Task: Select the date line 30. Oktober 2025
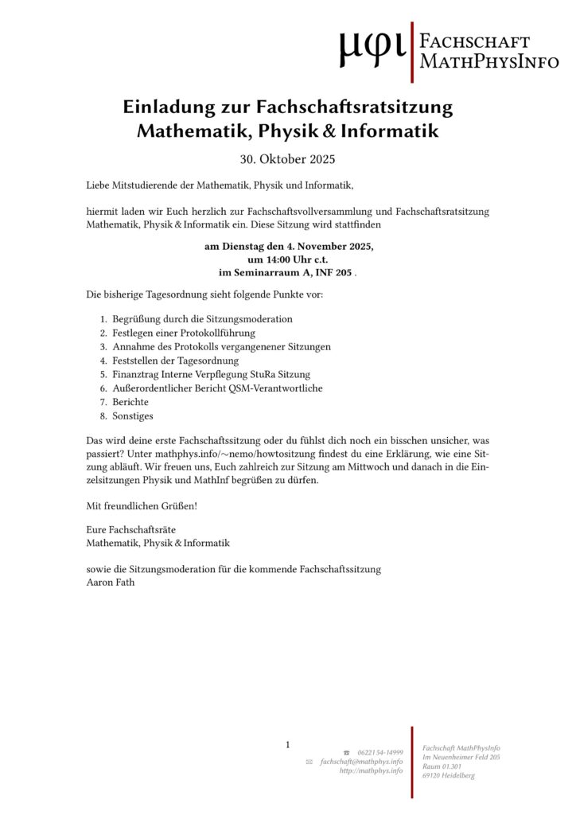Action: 288,159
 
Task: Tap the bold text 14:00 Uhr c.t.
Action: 288,260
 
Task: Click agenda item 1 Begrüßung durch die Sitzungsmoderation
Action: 202,318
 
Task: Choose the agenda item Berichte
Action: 130,402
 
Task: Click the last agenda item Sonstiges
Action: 133,416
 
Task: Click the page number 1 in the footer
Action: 288,745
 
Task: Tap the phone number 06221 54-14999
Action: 380,752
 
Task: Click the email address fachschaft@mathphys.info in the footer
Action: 361,762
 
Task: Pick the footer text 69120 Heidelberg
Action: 449,776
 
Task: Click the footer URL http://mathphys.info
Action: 371,770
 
